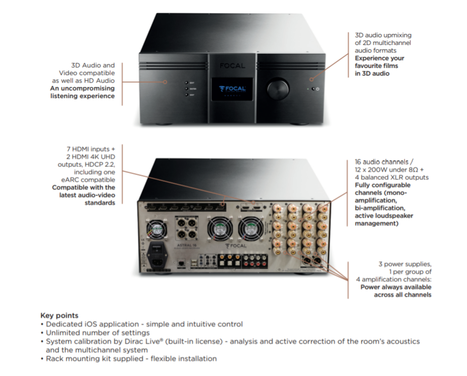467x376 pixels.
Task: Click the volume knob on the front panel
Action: click(277, 89)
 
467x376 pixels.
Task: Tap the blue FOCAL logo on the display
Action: click(233, 88)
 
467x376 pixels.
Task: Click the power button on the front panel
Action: click(315, 89)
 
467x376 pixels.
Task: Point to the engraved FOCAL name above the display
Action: click(233, 66)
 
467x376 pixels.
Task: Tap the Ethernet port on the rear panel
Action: click(181, 263)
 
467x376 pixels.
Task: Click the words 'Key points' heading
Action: click(59, 316)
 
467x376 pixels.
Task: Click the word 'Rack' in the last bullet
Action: click(55, 359)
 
